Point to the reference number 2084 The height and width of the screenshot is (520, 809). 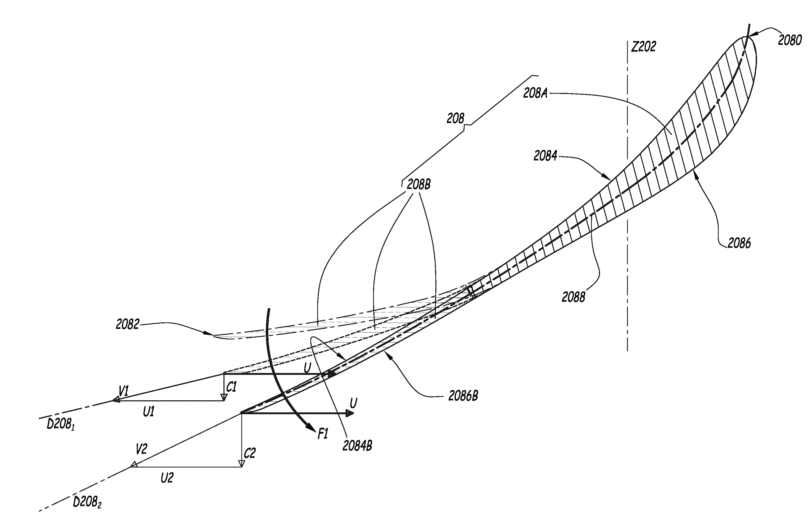tap(545, 156)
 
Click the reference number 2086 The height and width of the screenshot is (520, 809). tap(739, 243)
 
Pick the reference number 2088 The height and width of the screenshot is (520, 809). tap(573, 297)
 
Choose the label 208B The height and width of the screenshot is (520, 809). tap(419, 184)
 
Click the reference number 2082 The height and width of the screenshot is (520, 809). tap(127, 324)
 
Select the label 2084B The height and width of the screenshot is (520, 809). tap(357, 446)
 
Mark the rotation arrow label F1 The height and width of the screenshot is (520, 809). tap(323, 434)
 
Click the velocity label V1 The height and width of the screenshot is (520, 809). tap(124, 391)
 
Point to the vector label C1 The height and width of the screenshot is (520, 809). tap(231, 387)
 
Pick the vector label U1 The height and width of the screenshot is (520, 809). tap(149, 412)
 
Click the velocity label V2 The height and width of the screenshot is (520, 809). tap(141, 449)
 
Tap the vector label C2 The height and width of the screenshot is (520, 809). tap(250, 453)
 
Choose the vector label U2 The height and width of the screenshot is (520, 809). tap(167, 478)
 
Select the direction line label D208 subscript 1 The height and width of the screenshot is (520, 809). tap(60, 424)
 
